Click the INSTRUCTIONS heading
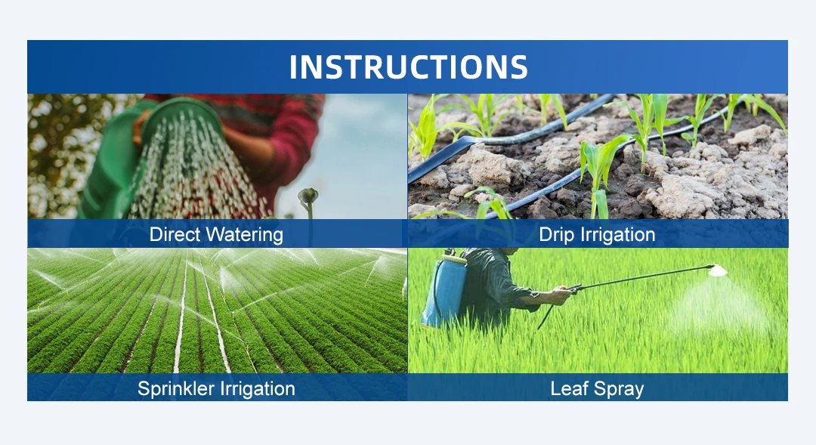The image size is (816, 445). [409, 66]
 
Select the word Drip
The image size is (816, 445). [555, 235]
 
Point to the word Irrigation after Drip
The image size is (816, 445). [616, 235]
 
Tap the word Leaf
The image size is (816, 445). [570, 388]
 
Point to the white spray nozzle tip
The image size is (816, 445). [718, 270]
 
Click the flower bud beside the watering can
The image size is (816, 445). [308, 196]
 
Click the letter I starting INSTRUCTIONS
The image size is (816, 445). [293, 67]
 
